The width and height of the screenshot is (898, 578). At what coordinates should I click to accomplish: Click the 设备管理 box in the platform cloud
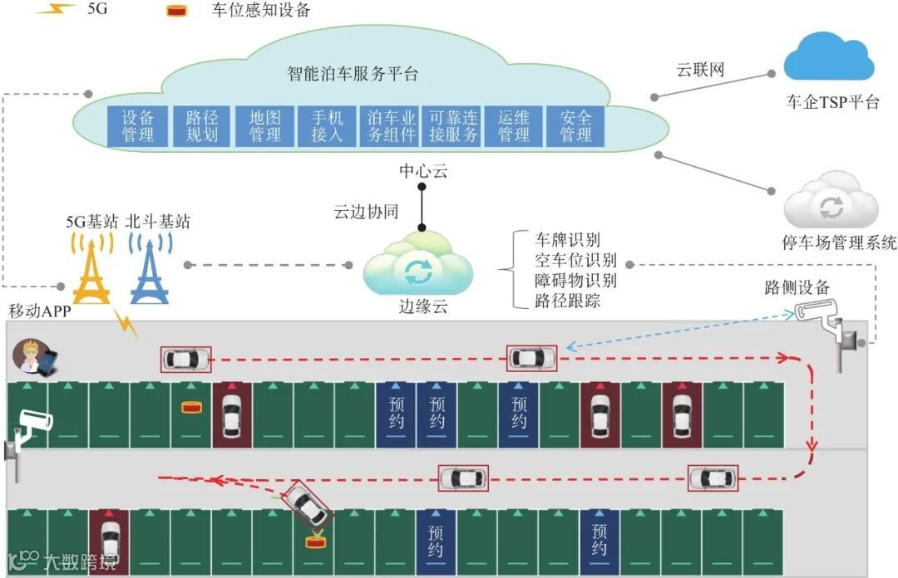point(138,125)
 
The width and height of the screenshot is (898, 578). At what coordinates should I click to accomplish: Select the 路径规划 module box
point(201,125)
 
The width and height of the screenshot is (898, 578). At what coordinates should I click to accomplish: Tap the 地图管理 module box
point(265,125)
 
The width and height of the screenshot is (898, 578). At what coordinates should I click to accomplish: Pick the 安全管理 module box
point(575,125)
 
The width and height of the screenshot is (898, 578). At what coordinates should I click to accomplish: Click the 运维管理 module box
point(514,125)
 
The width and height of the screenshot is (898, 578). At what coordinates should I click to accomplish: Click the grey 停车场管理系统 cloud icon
point(831,201)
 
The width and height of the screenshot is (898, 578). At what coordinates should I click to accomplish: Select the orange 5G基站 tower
point(91,267)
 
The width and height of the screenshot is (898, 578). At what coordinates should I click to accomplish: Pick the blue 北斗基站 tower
point(150,267)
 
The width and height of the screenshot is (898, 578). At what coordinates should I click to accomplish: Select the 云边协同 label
point(366,212)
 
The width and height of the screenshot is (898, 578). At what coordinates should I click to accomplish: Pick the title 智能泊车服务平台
point(353,74)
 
